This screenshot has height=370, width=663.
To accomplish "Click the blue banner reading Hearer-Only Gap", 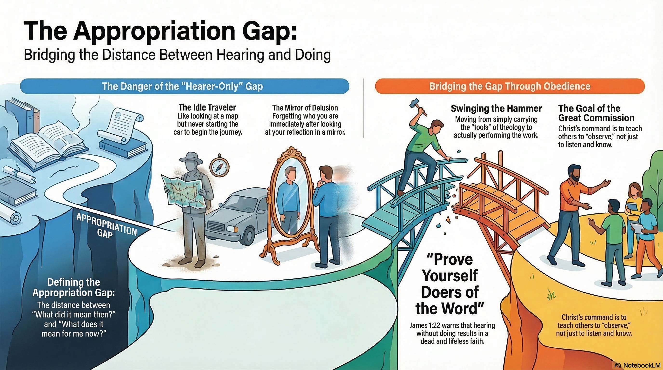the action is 185,86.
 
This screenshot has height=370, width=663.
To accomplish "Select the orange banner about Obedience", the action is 510,86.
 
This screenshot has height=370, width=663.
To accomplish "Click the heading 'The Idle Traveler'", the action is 207,107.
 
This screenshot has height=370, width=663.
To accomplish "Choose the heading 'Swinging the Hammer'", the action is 496,108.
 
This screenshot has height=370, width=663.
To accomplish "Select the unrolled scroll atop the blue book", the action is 121,126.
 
